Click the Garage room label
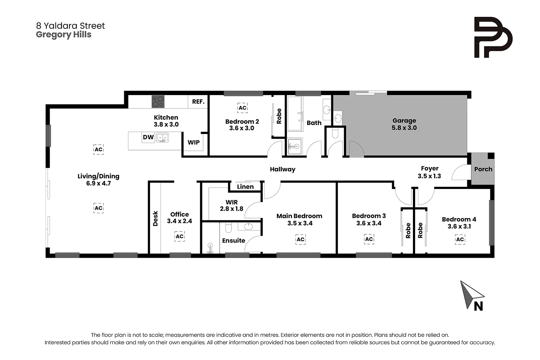point(404,121)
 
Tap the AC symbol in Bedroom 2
point(243,108)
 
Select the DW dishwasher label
point(148,137)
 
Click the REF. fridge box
point(198,102)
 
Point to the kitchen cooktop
point(158,102)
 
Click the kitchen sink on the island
point(162,138)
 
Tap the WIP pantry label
point(194,142)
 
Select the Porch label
point(483,169)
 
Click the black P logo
point(492,37)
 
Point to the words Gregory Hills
point(64,35)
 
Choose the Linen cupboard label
point(245,186)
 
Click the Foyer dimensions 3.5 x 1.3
point(429,176)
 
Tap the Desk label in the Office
point(156,219)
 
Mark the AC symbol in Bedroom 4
point(460,239)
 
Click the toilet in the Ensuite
point(228,228)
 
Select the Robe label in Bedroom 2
point(279,116)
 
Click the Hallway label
point(283,169)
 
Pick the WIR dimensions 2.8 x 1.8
point(231,209)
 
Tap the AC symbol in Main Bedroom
point(300,239)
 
